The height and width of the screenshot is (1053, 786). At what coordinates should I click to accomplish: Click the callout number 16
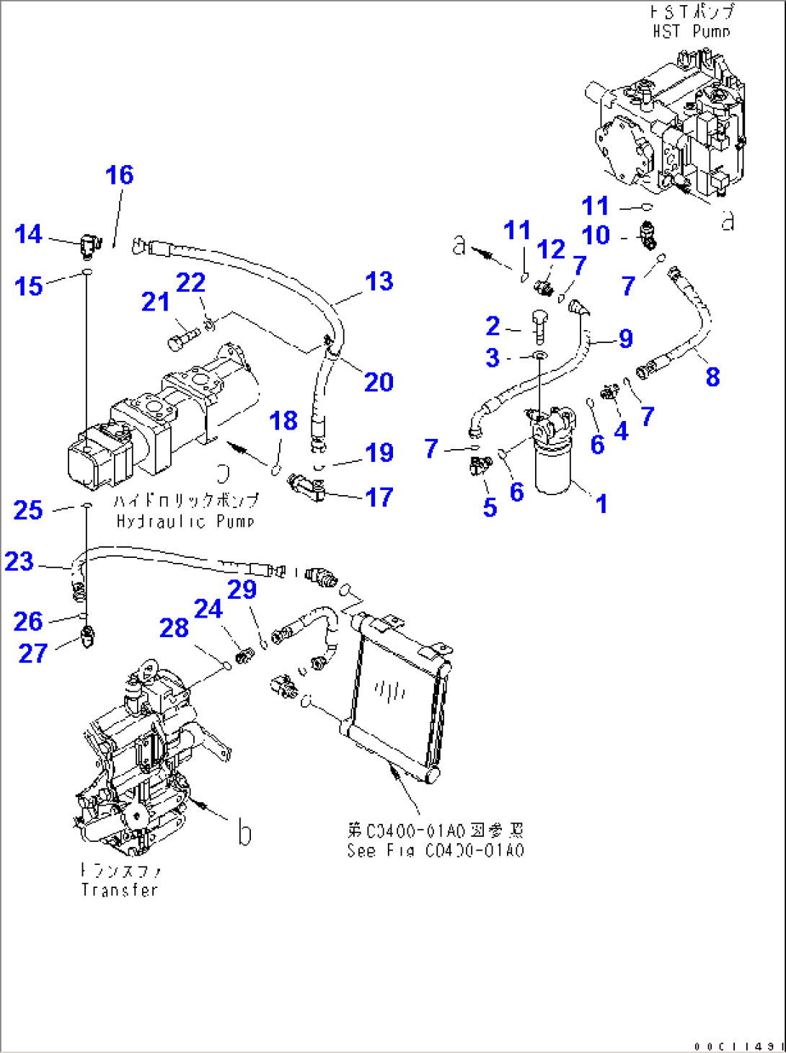(119, 175)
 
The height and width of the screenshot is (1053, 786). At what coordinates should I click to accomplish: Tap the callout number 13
(379, 281)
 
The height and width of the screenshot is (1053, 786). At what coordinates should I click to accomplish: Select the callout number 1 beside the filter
(601, 504)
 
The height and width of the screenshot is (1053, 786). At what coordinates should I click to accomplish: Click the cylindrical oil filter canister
(552, 465)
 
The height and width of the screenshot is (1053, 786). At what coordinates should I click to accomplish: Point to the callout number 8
(712, 376)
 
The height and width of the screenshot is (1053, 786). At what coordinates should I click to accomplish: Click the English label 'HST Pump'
(691, 32)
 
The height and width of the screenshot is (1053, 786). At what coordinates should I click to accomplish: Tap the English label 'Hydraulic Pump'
(185, 521)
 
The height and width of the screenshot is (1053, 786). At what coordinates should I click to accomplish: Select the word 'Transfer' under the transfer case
(119, 890)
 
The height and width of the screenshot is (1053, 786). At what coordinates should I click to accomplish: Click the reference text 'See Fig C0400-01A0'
(435, 850)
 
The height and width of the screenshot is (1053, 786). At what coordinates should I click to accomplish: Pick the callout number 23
(19, 561)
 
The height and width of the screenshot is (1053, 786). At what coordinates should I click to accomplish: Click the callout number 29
(242, 590)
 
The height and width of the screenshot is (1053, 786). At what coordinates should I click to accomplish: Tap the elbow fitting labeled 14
(88, 244)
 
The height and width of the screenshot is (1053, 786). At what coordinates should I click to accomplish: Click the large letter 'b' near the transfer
(244, 833)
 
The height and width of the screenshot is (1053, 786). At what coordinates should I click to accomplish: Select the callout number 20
(379, 382)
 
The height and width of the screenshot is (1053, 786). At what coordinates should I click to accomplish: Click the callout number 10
(596, 236)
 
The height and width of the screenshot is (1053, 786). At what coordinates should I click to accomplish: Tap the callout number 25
(28, 510)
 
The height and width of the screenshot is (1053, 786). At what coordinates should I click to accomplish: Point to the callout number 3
(493, 357)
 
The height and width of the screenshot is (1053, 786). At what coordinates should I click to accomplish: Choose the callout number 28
(174, 628)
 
